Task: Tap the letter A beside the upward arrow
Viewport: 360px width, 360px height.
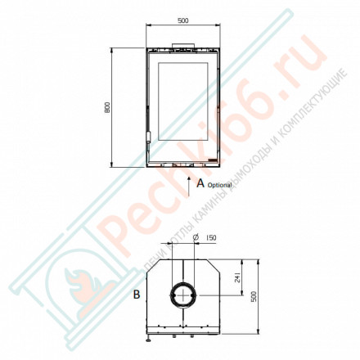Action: (199, 185)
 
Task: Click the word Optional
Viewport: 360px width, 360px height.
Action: (219, 187)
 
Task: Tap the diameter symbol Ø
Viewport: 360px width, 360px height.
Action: (196, 238)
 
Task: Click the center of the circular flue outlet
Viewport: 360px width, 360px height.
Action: (182, 295)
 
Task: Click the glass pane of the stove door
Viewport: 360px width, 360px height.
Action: (183, 101)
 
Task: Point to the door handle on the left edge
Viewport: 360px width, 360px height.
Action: (149, 137)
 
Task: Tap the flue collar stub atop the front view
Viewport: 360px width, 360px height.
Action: (182, 44)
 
